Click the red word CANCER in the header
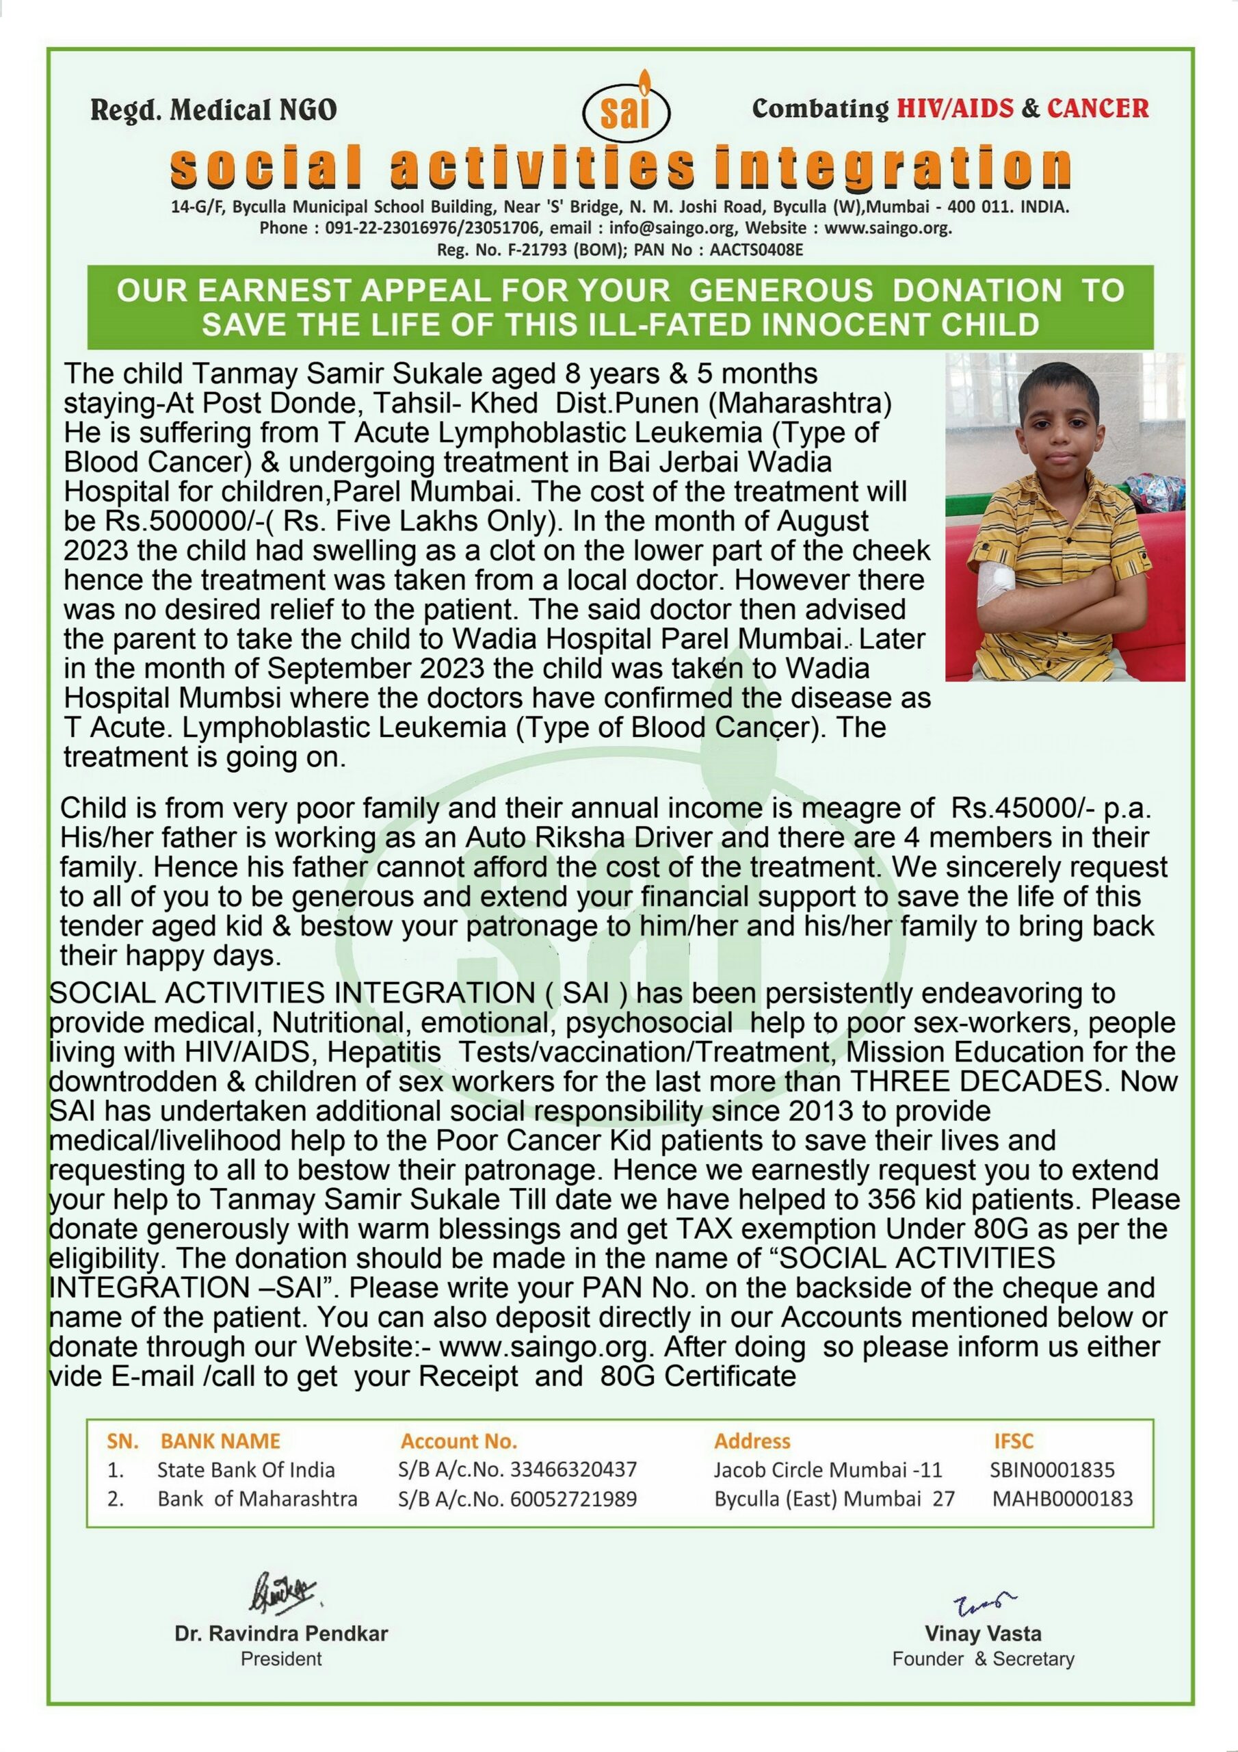pos(1097,108)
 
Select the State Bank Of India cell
pos(246,1469)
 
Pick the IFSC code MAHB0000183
pos(1062,1499)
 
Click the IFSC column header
pos(1013,1441)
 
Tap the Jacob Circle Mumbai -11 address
pos(828,1469)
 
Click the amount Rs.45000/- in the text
pos(1009,809)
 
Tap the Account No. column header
pos(458,1441)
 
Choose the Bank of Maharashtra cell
pos(257,1499)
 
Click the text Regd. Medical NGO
pos(213,111)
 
